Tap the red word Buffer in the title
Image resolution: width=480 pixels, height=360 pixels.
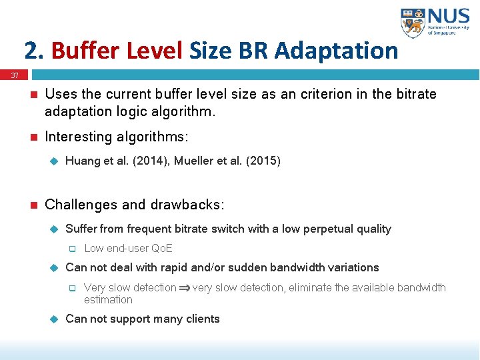[82, 50]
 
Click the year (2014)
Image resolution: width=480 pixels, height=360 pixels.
[147, 161]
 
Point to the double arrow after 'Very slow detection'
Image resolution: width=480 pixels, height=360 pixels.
[184, 288]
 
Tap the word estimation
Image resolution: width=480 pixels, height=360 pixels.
[108, 299]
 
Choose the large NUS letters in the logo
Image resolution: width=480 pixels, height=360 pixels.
[451, 17]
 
